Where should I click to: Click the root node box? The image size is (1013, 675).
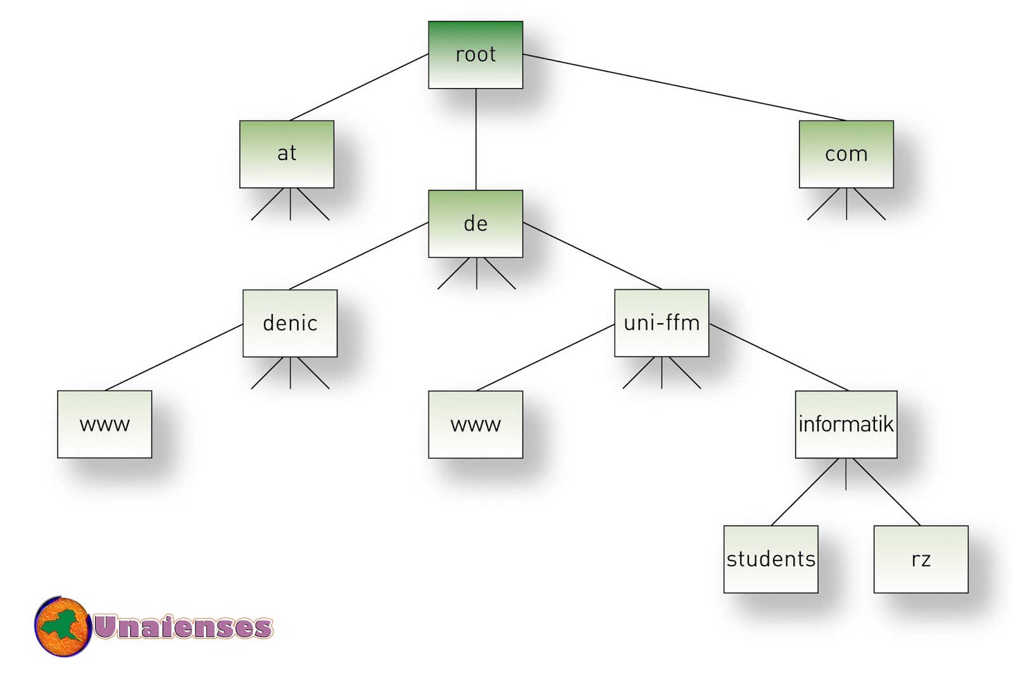click(x=475, y=55)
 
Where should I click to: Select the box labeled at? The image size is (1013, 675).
click(x=287, y=154)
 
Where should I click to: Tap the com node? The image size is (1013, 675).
click(x=846, y=154)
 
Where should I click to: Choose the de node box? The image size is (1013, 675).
click(x=475, y=224)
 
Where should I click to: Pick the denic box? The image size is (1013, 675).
click(x=290, y=323)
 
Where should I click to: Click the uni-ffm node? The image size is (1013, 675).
click(x=662, y=323)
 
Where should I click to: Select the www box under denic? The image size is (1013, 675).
click(x=104, y=424)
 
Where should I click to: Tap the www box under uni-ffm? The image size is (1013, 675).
click(x=475, y=424)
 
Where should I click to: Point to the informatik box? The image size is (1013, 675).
click(x=846, y=424)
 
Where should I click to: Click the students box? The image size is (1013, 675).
click(x=771, y=559)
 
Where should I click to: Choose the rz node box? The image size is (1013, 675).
click(x=921, y=559)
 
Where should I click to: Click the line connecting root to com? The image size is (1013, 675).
click(x=684, y=87)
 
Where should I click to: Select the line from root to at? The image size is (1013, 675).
click(x=359, y=87)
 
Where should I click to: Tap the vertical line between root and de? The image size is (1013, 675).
click(x=476, y=139)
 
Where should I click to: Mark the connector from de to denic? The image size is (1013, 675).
click(x=359, y=256)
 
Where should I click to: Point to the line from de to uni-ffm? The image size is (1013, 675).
click(x=592, y=256)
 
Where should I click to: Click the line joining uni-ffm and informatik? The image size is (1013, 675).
click(x=779, y=357)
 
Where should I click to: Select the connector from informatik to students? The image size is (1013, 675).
click(x=805, y=491)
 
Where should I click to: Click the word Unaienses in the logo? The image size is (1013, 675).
click(x=183, y=627)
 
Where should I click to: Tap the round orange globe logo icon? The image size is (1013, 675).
click(x=63, y=627)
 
